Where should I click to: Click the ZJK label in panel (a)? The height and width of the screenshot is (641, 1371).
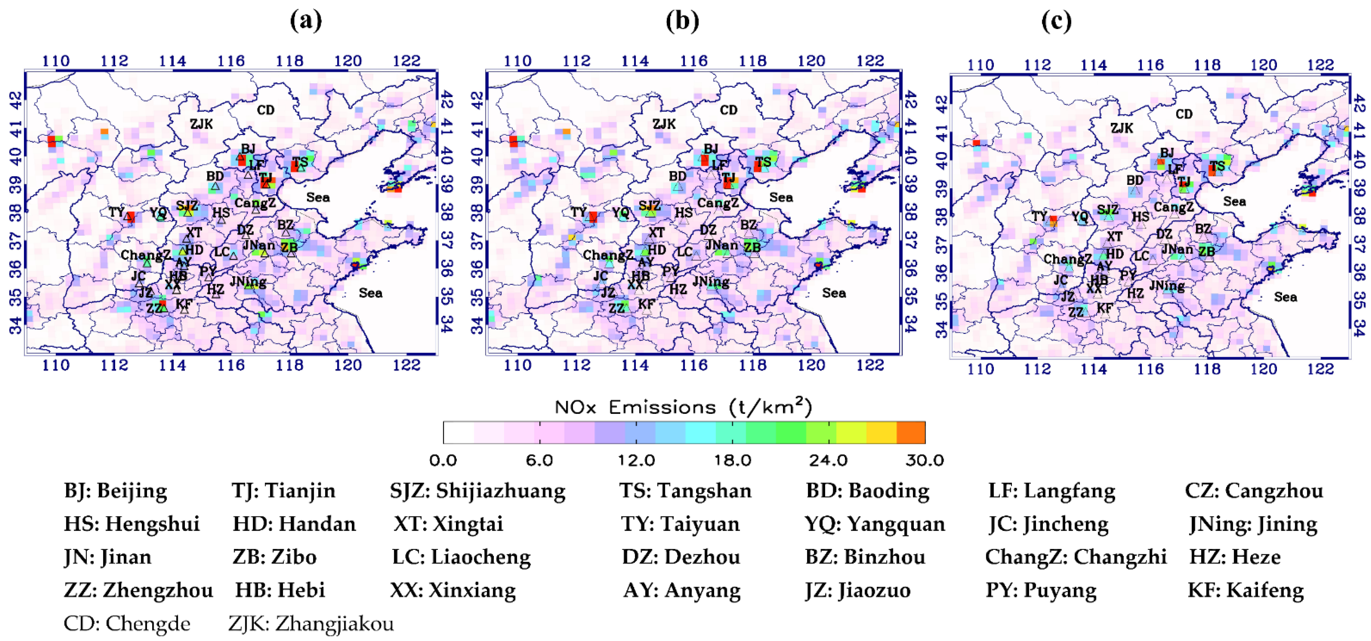pyautogui.click(x=201, y=124)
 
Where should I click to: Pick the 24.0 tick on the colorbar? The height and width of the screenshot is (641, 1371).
pyautogui.click(x=828, y=460)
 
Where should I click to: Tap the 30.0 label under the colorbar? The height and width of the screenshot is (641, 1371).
pyautogui.click(x=925, y=460)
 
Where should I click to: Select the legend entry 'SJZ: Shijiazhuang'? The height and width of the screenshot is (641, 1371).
pyautogui.click(x=477, y=491)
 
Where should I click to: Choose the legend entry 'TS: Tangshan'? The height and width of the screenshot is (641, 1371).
pyautogui.click(x=685, y=491)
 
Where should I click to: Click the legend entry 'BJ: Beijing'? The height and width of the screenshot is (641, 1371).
pyautogui.click(x=115, y=491)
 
